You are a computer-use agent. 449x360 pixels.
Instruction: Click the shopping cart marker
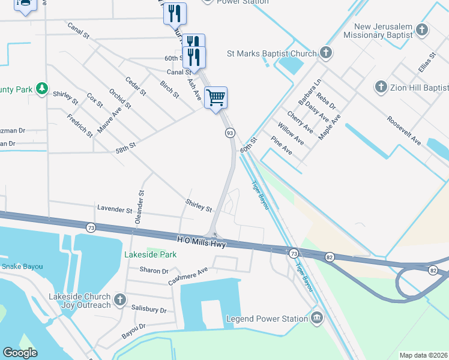coord(215,97)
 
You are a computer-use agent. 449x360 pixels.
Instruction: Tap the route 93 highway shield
coord(229,133)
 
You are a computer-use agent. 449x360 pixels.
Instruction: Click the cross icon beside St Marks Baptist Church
coord(326,53)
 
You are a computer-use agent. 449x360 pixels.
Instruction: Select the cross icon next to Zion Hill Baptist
coord(381,88)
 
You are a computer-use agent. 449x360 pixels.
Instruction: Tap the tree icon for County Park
coord(41,89)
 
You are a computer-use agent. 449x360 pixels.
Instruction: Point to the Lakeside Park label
coord(150,254)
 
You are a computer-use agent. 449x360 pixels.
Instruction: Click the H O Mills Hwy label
coord(201,241)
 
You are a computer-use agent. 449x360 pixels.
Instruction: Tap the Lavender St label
coord(114,210)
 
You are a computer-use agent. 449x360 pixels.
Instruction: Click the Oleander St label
coord(140,207)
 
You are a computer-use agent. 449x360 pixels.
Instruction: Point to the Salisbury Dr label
coord(149,309)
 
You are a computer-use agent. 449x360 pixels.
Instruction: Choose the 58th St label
coord(126,146)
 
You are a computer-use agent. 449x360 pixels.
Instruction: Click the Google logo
coord(20,353)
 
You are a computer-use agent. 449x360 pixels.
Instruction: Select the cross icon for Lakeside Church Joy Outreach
coord(120,299)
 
